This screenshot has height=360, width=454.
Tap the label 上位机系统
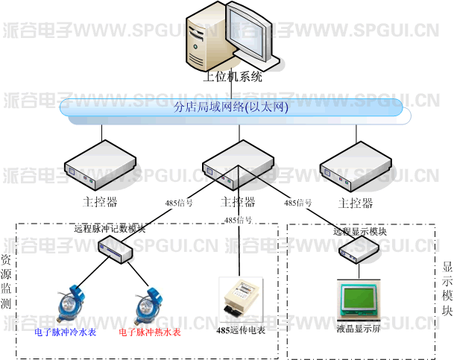pyautogui.click(x=233, y=76)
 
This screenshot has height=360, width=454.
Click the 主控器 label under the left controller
pyautogui.click(x=100, y=202)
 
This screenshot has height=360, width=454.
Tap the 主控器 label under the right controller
pyautogui.click(x=355, y=202)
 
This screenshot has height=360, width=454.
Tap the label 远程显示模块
pyautogui.click(x=359, y=232)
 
